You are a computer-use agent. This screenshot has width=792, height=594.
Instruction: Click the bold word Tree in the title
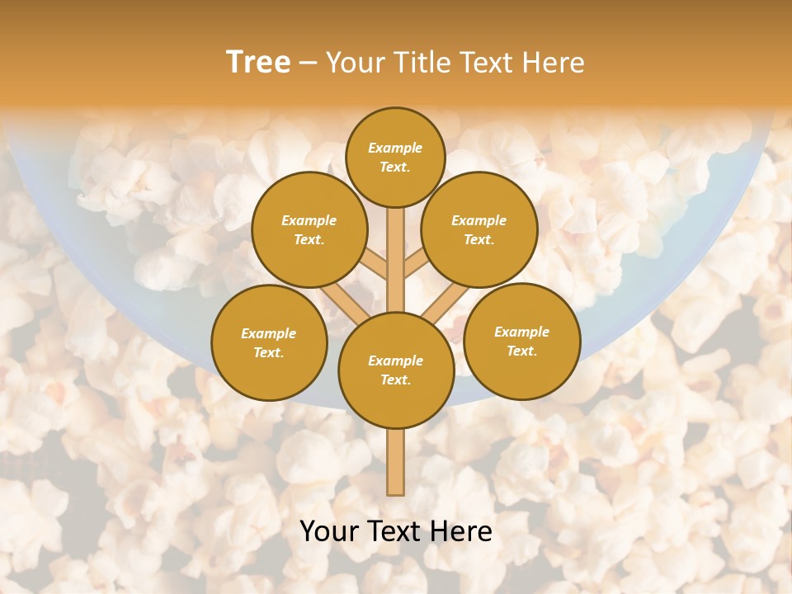pos(258,63)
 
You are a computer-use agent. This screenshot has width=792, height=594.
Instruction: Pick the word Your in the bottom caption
pos(331,531)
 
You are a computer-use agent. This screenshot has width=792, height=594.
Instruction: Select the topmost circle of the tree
pos(395,157)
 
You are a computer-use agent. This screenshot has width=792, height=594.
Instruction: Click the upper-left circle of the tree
pos(309,229)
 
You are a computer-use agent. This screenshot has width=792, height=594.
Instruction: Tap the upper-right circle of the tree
pos(479,229)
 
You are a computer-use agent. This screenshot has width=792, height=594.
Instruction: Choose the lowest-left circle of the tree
pos(269,342)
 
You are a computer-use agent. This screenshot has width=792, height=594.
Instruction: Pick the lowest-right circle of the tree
pos(522,341)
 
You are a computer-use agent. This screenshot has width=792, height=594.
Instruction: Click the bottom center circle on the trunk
pos(396,370)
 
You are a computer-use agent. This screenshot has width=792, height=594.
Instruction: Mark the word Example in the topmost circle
pos(395,148)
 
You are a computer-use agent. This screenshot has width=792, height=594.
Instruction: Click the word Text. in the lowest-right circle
pos(521,351)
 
